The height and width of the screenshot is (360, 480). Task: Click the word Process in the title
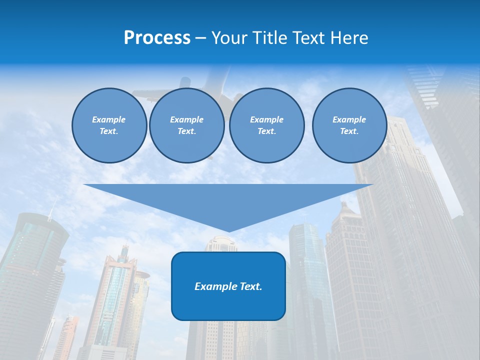pyautogui.click(x=157, y=38)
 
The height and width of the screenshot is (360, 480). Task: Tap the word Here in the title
pyautogui.click(x=348, y=38)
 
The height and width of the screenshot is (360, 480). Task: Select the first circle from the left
pyautogui.click(x=109, y=125)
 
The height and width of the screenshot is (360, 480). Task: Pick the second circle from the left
pyautogui.click(x=186, y=125)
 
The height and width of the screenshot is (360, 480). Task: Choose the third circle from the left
pyautogui.click(x=266, y=125)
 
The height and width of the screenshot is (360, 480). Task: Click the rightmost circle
pyautogui.click(x=349, y=125)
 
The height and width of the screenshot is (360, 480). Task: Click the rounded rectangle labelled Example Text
pyautogui.click(x=228, y=286)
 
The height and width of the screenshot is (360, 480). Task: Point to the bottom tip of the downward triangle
pyautogui.click(x=228, y=231)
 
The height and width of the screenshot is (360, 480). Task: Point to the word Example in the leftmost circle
pyautogui.click(x=109, y=119)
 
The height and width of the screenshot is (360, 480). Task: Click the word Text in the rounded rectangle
pyautogui.click(x=250, y=286)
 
